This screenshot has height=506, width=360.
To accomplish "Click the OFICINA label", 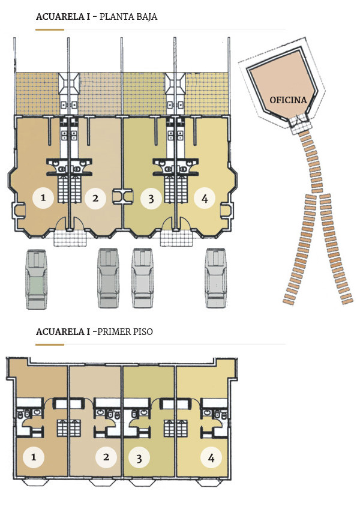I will [289, 100].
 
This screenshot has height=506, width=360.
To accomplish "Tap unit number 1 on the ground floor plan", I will [43, 197].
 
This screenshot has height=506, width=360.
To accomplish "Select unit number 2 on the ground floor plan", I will [95, 198].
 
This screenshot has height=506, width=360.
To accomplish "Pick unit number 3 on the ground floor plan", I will [151, 198].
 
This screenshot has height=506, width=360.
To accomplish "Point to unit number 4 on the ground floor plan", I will [204, 198].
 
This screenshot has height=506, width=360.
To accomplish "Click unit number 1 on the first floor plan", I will [34, 457].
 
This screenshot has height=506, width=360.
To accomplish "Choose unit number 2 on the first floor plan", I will [106, 457].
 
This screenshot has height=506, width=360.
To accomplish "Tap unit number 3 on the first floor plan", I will [139, 459].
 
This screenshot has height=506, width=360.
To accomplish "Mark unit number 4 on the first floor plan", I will [211, 458].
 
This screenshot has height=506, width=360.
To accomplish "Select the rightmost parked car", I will [215, 280].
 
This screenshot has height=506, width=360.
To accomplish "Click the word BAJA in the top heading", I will [145, 17].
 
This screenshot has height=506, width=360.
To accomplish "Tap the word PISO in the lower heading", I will [141, 331].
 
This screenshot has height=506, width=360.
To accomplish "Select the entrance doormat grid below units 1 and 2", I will [69, 238].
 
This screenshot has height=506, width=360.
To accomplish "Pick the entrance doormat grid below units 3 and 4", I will [176, 238].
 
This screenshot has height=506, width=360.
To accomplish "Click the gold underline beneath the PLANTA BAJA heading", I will [50, 29].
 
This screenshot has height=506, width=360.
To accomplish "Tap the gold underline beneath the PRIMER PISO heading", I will [50, 345].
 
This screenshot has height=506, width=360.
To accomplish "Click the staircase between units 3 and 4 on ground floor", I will [171, 183].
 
